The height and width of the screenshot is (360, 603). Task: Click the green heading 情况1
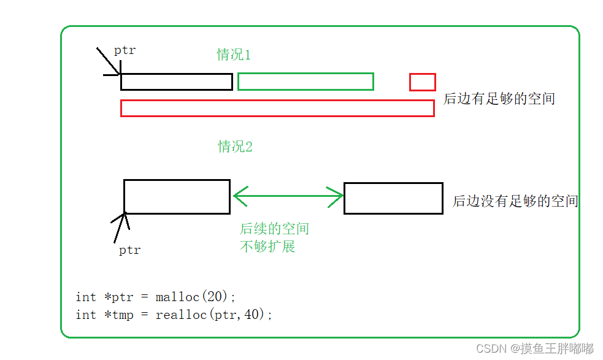[234, 55]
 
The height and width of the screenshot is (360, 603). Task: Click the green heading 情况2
[235, 147]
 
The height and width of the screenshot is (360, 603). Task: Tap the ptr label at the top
[125, 50]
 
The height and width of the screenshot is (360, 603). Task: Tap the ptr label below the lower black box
[129, 250]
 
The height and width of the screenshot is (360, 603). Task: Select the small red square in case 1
[423, 82]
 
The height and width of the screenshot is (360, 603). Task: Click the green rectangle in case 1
[305, 81]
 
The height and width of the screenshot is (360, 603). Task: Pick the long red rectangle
[277, 108]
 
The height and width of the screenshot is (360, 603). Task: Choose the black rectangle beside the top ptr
[177, 82]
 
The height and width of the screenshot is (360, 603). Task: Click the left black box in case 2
[177, 196]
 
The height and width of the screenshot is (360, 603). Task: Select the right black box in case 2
[393, 198]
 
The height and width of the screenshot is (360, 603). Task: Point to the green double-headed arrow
[288, 196]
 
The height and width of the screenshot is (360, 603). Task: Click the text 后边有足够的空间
[499, 99]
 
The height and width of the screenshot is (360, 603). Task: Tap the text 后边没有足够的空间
[515, 201]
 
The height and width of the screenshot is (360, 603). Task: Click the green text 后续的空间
[274, 229]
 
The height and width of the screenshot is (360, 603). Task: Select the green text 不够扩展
[267, 247]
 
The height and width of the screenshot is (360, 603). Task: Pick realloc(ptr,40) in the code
[213, 315]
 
